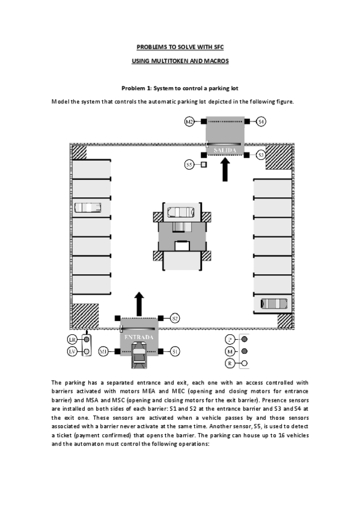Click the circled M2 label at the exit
click(x=189, y=122)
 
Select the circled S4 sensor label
click(x=261, y=122)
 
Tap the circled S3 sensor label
click(x=261, y=155)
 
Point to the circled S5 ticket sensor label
click(x=189, y=164)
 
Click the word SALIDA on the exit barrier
click(x=226, y=149)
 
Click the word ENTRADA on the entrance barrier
click(x=139, y=337)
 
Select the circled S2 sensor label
click(x=175, y=318)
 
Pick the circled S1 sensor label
click(x=175, y=351)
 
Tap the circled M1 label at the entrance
click(x=103, y=351)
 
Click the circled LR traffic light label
click(x=72, y=339)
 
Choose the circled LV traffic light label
click(x=72, y=351)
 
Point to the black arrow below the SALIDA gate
click(x=226, y=168)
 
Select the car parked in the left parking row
click(x=88, y=207)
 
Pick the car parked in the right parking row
click(x=273, y=304)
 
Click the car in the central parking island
click(x=180, y=211)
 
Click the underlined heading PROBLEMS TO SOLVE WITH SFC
click(x=180, y=46)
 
